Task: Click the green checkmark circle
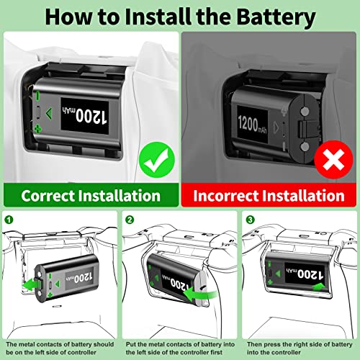pyautogui.click(x=157, y=160)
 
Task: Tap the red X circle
pyautogui.click(x=333, y=160)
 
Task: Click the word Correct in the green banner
pyautogui.click(x=48, y=196)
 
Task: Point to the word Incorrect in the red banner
pyautogui.click(x=226, y=196)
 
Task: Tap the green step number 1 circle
pyautogui.click(x=9, y=220)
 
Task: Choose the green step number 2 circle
pyautogui.click(x=130, y=220)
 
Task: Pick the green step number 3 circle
pyautogui.click(x=251, y=220)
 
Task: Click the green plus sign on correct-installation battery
pyautogui.click(x=37, y=129)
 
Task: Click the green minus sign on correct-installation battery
pyautogui.click(x=37, y=96)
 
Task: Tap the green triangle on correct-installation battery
pyautogui.click(x=49, y=114)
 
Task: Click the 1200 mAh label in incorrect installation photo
pyautogui.click(x=252, y=125)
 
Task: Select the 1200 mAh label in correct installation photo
pyautogui.click(x=85, y=116)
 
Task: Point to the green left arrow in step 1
pyautogui.click(x=31, y=284)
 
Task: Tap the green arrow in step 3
pyautogui.click(x=318, y=287)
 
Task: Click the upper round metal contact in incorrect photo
pyautogui.click(x=305, y=111)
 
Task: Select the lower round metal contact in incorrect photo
pyautogui.click(x=305, y=146)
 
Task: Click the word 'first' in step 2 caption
pyautogui.click(x=215, y=352)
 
